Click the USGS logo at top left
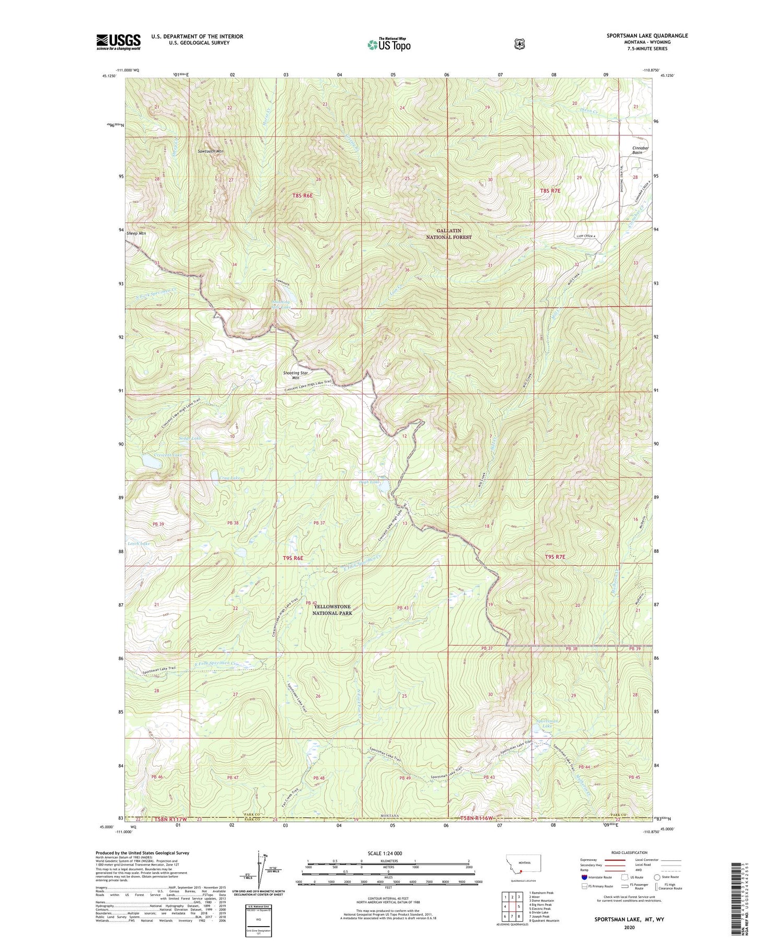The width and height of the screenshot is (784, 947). (118, 42)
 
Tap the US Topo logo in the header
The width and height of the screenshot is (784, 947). (389, 45)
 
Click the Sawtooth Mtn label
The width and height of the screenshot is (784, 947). (211, 151)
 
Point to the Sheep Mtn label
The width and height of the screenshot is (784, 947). (136, 233)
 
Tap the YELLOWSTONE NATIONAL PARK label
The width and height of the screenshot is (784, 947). (332, 610)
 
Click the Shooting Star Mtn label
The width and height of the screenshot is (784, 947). (296, 375)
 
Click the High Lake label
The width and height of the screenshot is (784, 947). (370, 482)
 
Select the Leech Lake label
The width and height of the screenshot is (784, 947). (138, 544)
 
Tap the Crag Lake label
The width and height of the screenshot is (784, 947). (229, 478)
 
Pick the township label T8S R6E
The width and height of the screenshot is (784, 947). (302, 195)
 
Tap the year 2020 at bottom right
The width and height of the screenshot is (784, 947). (629, 928)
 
